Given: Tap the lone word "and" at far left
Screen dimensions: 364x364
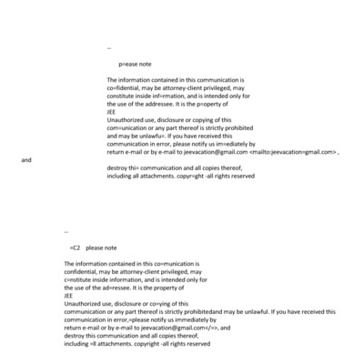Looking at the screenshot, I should pyautogui.click(x=26, y=160).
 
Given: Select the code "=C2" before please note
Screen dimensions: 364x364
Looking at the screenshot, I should pyautogui.click(x=76, y=247).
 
